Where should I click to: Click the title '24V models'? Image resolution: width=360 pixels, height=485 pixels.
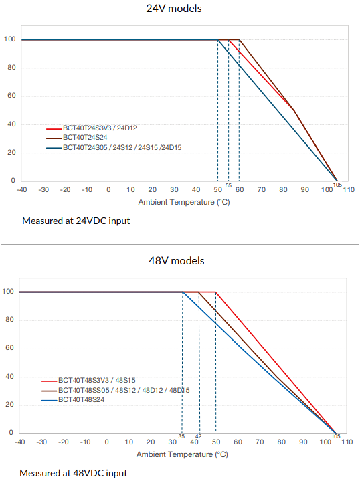tap(175, 9)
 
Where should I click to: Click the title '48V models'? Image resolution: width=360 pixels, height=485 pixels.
tap(176, 260)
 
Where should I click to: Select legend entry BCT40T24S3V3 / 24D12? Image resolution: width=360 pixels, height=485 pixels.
tap(104, 127)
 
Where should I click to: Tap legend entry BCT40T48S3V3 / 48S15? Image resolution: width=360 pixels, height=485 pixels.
tap(102, 380)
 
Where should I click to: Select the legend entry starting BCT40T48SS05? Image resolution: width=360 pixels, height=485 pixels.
tap(123, 390)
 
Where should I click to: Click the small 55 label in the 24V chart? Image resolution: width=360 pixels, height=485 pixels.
tap(228, 185)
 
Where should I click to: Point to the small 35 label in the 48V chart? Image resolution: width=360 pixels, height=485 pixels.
tap(181, 436)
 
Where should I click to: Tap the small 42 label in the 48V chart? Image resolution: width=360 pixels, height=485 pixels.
tap(198, 436)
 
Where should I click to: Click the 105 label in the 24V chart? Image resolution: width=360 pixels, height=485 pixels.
tap(337, 184)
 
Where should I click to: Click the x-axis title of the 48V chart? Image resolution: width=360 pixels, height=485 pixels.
tap(182, 454)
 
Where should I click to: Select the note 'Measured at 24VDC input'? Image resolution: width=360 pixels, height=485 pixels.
tap(76, 220)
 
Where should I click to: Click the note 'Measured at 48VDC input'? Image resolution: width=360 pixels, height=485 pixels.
tap(73, 473)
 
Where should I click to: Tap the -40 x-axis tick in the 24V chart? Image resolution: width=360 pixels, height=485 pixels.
tap(22, 190)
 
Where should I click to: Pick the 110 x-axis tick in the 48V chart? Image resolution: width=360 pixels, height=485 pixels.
tap(347, 442)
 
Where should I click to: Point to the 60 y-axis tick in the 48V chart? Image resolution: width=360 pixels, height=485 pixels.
tap(8, 349)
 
